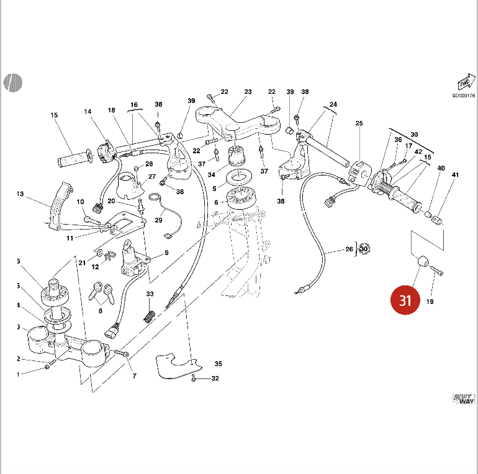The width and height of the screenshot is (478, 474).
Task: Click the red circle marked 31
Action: tap(405, 301)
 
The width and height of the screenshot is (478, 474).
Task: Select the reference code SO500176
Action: tap(463, 96)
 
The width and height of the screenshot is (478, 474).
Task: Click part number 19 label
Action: tap(430, 302)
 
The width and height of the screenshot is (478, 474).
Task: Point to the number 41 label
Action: tap(455, 176)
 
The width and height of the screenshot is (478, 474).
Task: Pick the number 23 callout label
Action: tap(248, 92)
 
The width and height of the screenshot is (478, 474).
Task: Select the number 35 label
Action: tap(218, 364)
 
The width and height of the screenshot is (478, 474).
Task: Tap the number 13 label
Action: tap(19, 194)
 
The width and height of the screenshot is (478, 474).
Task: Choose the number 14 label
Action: tap(88, 112)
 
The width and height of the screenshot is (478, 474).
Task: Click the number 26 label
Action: tap(348, 250)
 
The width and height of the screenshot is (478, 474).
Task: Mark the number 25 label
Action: tap(359, 123)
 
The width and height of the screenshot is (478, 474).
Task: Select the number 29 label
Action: tap(158, 220)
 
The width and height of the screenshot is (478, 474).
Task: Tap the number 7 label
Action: tap(133, 377)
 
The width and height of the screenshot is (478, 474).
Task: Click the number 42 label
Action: tap(419, 151)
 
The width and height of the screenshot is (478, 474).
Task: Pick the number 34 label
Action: tap(212, 174)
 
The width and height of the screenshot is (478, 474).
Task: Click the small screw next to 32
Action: tap(194, 377)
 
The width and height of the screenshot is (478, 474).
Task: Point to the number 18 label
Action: tap(112, 110)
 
